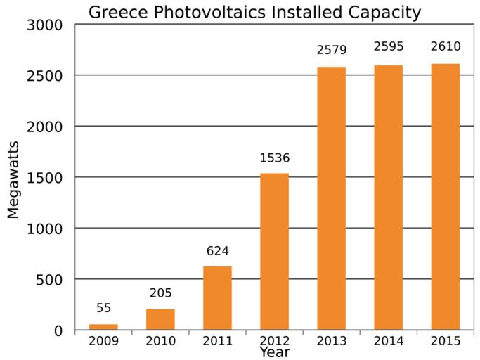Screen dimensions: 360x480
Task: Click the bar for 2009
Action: (x=103, y=327)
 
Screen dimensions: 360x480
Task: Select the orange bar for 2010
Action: (x=160, y=319)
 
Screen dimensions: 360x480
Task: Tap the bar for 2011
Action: (x=217, y=298)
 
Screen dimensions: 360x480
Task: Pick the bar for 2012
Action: (x=274, y=252)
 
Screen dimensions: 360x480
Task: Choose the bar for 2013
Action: (x=331, y=198)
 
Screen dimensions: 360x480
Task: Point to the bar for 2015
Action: (x=445, y=198)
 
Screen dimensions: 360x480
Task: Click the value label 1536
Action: (x=274, y=158)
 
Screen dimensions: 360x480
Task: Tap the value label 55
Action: (x=103, y=308)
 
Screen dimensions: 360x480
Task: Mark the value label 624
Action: (x=217, y=251)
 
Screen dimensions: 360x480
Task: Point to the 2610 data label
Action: (x=445, y=47)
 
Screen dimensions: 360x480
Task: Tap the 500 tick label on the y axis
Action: (x=53, y=280)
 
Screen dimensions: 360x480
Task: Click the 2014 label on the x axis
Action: (x=388, y=342)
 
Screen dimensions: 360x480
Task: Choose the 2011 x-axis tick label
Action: (x=217, y=342)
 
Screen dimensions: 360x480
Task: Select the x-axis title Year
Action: (x=274, y=352)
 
